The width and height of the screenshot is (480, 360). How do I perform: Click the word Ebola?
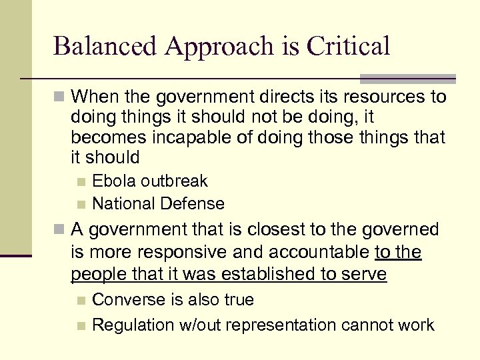click(x=113, y=181)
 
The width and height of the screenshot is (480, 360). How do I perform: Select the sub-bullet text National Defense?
click(x=158, y=203)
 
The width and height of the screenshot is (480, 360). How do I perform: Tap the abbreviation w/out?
click(x=199, y=325)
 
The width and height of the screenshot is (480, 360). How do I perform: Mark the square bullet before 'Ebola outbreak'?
click(x=81, y=181)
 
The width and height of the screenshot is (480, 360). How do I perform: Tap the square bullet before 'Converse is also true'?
click(x=81, y=301)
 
